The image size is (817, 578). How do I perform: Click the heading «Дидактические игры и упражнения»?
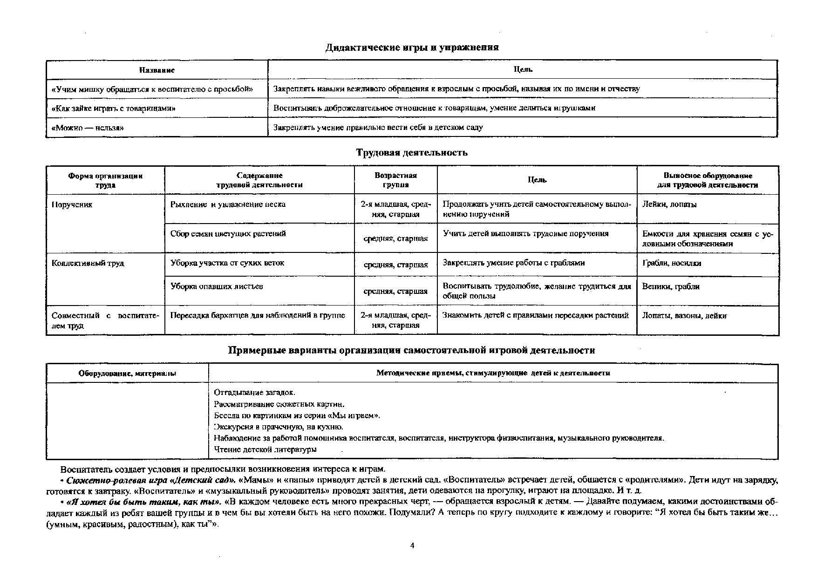412,48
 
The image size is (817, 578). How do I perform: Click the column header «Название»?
157,70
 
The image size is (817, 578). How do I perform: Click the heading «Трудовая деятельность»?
412,153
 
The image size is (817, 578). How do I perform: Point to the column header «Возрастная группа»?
395,180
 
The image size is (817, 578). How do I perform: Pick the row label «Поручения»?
72,204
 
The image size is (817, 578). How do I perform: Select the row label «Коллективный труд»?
88,263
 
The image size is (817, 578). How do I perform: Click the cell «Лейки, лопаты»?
669,204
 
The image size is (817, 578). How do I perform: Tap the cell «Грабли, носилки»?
672,263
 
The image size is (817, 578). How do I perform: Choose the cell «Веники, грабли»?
671,286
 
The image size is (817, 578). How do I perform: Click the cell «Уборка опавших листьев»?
217,286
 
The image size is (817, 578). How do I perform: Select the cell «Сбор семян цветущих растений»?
228,234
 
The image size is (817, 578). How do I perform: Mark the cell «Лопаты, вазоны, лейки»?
684,316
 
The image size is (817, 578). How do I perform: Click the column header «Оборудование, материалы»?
127,374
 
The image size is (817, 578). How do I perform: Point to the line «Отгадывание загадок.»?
254,393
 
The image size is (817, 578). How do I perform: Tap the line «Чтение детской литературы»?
265,449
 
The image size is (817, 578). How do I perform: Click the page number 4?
412,545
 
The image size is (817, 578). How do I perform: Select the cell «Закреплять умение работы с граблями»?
513,263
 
